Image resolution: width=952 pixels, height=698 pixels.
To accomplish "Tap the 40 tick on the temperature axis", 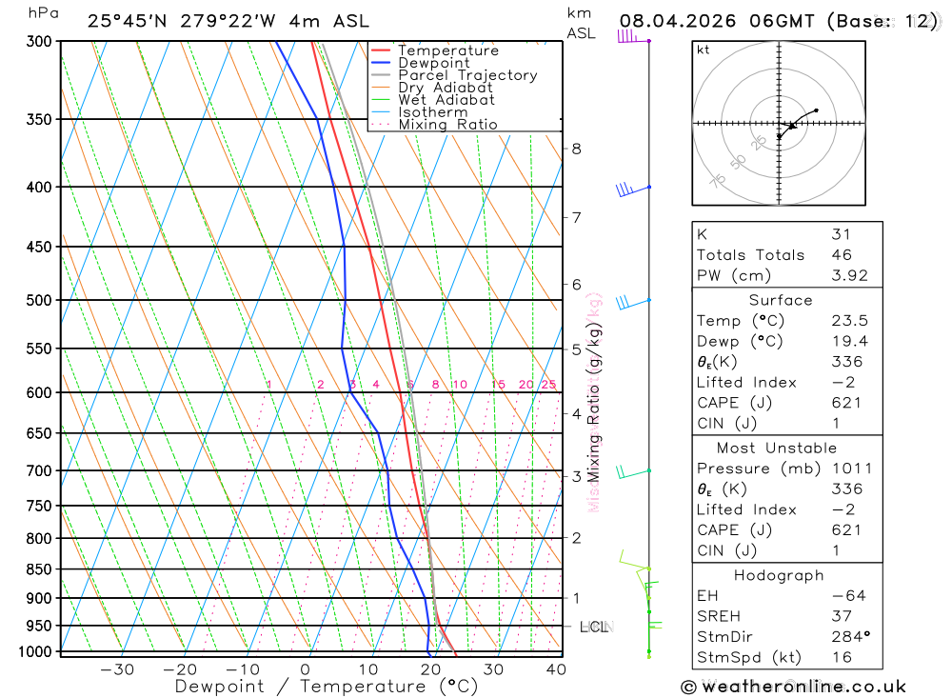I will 555,669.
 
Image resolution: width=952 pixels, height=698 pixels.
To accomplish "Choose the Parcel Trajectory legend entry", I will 467,75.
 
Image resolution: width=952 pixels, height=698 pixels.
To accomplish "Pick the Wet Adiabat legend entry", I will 446,100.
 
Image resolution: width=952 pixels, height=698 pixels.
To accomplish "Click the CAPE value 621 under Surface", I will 845,403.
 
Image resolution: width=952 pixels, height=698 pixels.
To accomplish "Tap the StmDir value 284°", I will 849,637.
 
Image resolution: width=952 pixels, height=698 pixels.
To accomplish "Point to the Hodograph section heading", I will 779,576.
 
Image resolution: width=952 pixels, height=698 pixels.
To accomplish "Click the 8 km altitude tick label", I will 577,149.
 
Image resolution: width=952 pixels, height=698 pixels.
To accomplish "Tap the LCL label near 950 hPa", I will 593,627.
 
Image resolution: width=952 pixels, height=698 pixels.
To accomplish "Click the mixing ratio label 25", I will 548,385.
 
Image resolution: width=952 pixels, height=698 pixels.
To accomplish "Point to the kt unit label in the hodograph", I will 704,50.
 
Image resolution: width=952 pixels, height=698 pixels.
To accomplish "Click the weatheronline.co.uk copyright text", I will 793,687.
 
